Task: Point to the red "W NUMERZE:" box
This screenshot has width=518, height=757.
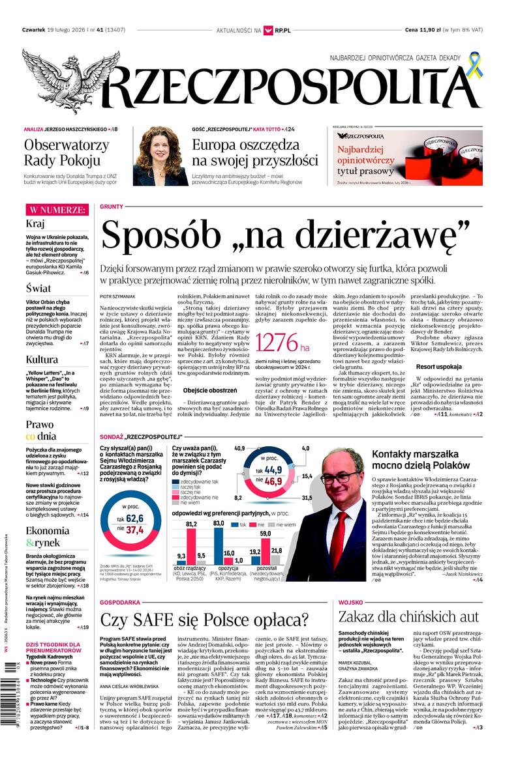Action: tap(56, 210)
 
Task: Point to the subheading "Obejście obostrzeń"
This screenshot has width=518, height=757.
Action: tap(209, 390)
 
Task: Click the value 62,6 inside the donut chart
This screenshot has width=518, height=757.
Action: tap(134, 518)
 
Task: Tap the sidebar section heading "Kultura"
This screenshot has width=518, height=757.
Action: tap(42, 359)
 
